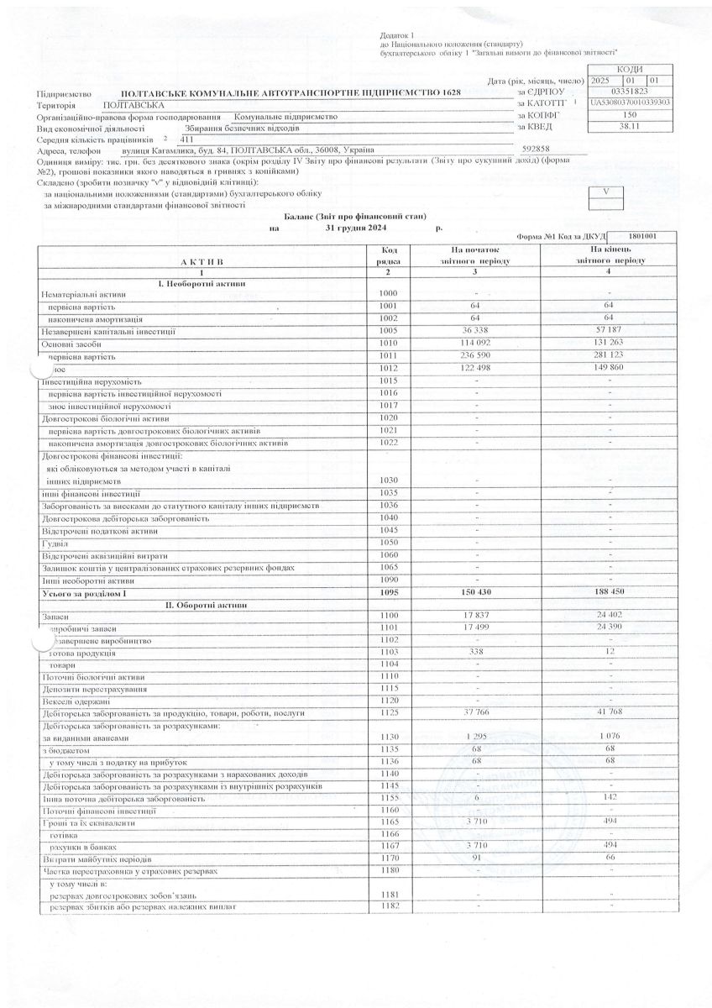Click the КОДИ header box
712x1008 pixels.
[x=629, y=68]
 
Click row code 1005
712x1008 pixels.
[x=388, y=332]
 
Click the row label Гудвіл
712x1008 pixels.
[x=55, y=543]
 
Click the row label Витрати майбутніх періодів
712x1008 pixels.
[x=97, y=860]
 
